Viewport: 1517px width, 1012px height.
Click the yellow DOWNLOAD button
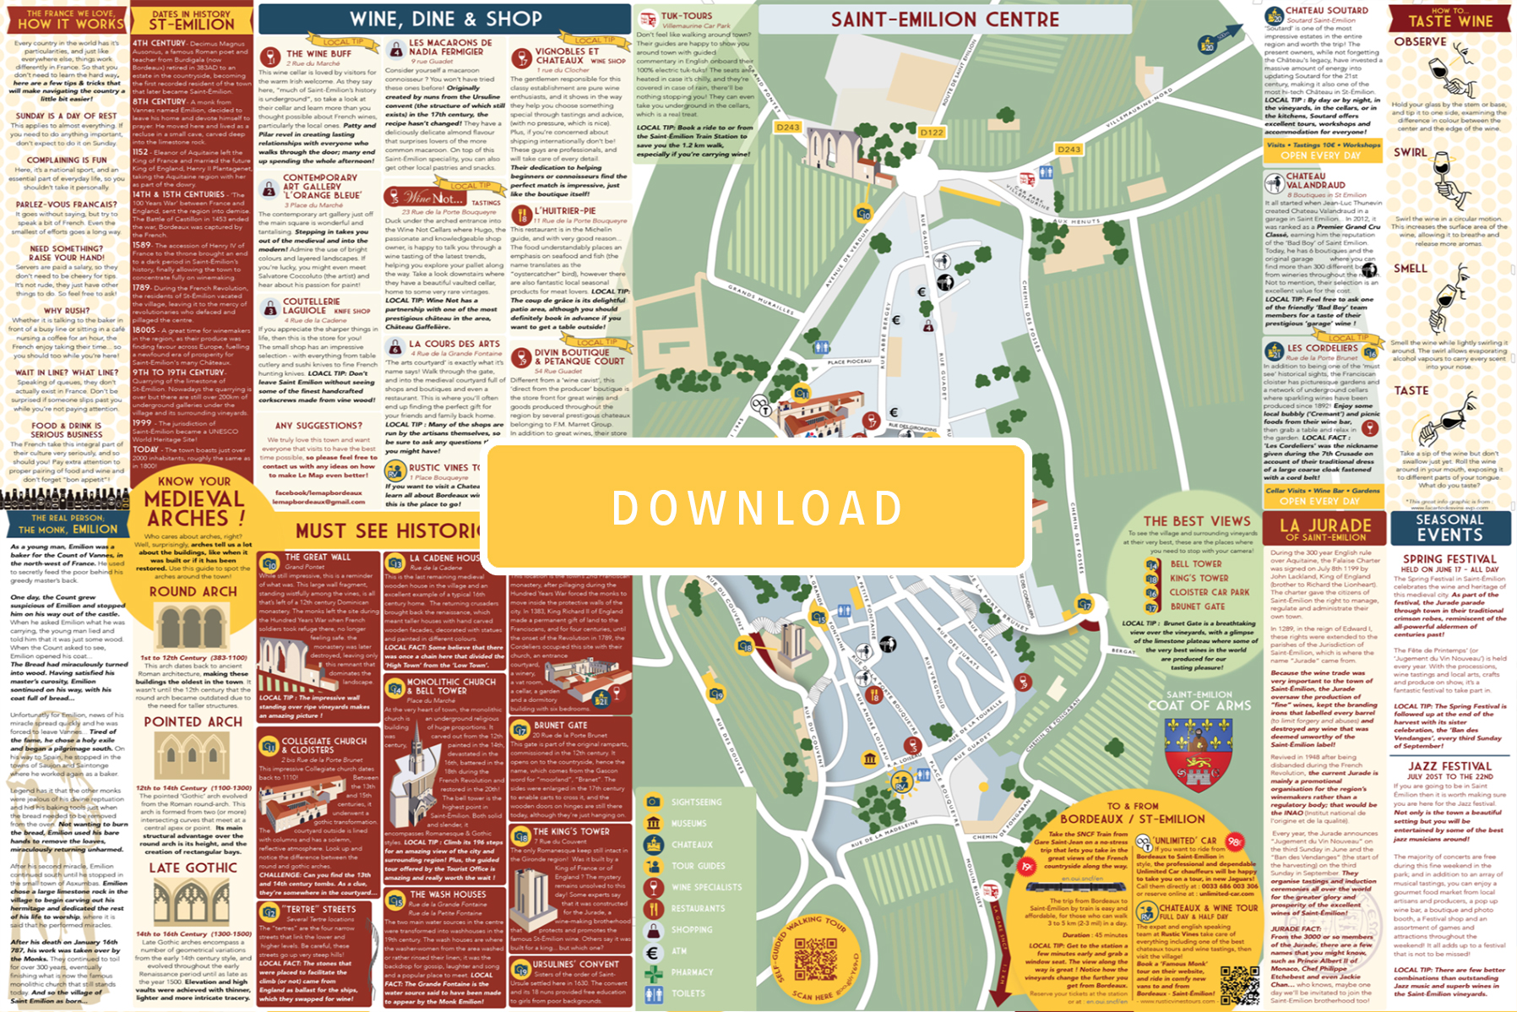[x=757, y=507]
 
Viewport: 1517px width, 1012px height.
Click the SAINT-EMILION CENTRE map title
[x=944, y=19]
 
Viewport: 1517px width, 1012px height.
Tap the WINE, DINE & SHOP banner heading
[x=446, y=19]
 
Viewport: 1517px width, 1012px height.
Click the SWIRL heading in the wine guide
[x=1410, y=153]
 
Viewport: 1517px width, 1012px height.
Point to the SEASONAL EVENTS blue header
[x=1449, y=528]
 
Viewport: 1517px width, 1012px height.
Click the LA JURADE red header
[x=1324, y=528]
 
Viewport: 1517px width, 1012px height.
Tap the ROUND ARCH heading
[x=193, y=592]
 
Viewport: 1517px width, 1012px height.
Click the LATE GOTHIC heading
[x=193, y=868]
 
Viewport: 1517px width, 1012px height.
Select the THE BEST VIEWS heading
[x=1197, y=521]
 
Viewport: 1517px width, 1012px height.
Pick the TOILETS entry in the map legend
[x=688, y=993]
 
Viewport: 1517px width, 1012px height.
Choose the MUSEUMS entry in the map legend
[x=689, y=824]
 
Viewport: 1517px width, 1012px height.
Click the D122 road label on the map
[x=932, y=133]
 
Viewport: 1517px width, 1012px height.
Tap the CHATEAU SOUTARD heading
[x=1326, y=11]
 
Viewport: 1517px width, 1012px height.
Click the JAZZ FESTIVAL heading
[x=1449, y=766]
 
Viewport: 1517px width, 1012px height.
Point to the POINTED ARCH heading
[x=193, y=722]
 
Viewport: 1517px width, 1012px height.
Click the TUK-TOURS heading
[x=686, y=16]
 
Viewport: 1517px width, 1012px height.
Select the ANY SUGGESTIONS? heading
[x=318, y=426]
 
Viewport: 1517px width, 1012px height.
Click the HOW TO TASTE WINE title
[x=1450, y=18]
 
